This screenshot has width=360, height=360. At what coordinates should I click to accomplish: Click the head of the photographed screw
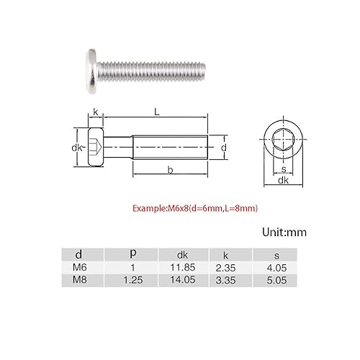point(91,71)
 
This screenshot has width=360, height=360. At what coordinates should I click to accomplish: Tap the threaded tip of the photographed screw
point(203,71)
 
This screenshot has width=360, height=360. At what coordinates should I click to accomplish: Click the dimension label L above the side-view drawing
point(157,112)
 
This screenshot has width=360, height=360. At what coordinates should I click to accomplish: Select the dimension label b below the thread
point(170,170)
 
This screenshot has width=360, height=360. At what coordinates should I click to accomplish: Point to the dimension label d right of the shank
point(224,148)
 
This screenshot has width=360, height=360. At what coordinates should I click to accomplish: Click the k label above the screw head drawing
point(96,112)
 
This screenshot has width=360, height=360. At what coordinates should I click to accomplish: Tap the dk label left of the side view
point(77,148)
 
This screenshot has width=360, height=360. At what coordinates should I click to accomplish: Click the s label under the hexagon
point(284,169)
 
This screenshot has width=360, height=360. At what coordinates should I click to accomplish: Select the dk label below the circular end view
point(283,180)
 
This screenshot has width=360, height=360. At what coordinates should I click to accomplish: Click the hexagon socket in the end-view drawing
point(283,139)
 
